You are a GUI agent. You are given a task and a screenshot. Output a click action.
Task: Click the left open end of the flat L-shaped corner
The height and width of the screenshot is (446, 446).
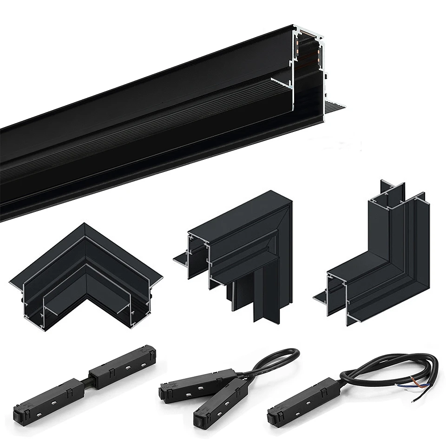33,302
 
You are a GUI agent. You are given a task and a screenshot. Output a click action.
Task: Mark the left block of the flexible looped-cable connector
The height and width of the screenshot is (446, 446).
197,383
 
